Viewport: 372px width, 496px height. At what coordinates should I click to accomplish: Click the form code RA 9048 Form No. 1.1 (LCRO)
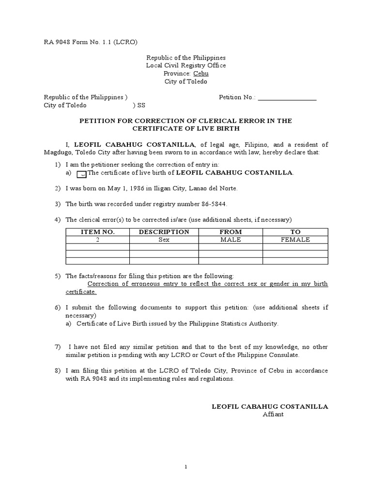tap(91, 42)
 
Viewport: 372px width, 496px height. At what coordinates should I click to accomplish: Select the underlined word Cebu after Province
tap(201, 74)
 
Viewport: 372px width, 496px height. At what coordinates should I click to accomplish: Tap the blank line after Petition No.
tap(287, 97)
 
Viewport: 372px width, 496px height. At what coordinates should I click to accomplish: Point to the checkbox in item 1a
tap(82, 173)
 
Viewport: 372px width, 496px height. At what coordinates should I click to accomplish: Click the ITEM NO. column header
tap(97, 232)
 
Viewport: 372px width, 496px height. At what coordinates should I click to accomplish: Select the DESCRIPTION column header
tap(164, 232)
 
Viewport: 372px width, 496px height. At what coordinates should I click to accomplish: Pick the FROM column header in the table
tap(230, 232)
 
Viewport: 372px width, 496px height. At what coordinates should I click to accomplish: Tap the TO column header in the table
tap(295, 232)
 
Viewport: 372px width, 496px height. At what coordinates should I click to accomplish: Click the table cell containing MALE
tap(230, 240)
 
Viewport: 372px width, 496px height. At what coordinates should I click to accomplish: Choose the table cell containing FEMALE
tap(295, 240)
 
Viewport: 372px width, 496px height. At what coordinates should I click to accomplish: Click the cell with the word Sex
tap(164, 240)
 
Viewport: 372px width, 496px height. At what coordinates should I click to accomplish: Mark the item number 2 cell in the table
tap(97, 240)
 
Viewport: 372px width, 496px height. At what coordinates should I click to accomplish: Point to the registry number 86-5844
tap(211, 204)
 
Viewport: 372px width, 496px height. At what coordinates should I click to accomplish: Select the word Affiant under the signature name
tap(273, 415)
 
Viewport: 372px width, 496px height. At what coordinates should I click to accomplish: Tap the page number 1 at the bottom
tap(186, 467)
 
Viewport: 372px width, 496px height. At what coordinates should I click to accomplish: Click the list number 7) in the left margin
tap(58, 347)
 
